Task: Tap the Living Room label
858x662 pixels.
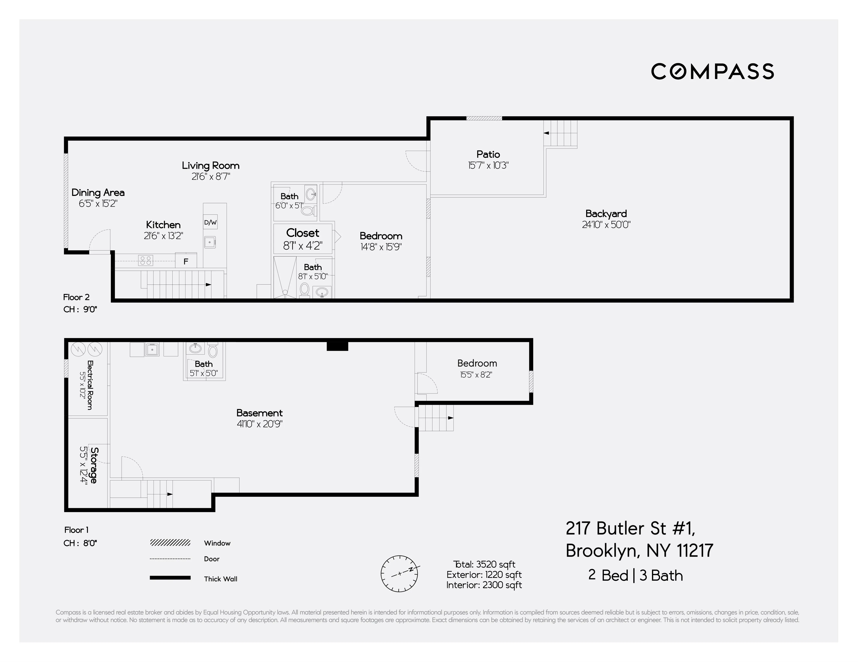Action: point(211,165)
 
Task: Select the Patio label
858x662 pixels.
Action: point(488,154)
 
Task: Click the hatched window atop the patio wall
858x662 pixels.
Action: point(484,118)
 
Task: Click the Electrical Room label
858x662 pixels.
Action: point(90,385)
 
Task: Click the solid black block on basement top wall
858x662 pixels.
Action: point(337,346)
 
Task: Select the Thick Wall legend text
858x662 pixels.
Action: point(220,579)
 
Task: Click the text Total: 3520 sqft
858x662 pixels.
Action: point(484,564)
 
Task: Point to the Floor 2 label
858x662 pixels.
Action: point(76,297)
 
